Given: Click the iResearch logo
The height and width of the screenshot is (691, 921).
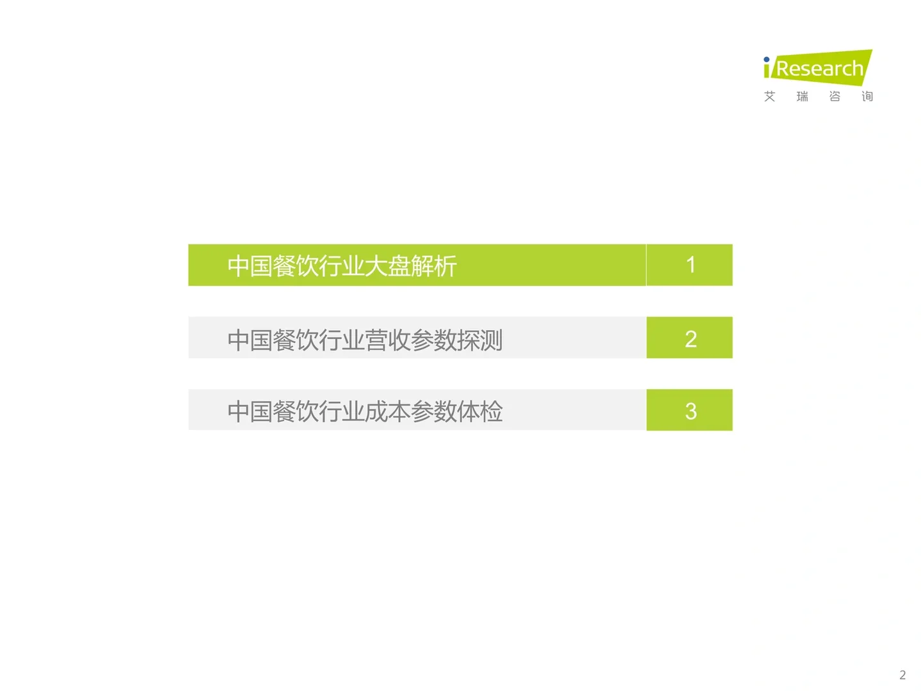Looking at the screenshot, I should coord(817,68).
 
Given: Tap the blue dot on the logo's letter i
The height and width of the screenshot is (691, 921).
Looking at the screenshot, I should coord(766,60).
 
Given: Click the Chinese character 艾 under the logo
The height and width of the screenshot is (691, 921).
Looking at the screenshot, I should coord(769,97).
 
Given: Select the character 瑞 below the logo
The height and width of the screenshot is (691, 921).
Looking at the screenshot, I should coord(802,97).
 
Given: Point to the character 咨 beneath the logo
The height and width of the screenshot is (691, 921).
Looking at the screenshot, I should coord(835,97).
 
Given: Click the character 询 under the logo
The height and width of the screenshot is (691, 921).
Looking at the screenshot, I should coord(867,97).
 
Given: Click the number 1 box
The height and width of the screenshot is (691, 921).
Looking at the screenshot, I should coord(689,265).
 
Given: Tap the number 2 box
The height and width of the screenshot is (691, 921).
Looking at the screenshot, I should coord(689,338).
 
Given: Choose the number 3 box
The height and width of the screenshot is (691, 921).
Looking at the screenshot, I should coord(689,410).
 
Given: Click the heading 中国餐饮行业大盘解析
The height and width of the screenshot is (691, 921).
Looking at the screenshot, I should coord(342,266).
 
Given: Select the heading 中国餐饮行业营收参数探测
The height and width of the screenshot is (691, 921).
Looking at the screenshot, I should coord(365,340).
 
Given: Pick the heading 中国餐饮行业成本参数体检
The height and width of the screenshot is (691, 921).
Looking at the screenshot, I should coord(365,411).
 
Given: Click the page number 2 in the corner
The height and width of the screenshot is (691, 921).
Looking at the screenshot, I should coord(902,675).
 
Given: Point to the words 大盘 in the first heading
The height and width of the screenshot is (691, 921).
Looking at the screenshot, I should coord(388,266).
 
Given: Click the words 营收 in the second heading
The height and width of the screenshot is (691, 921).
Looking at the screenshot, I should coord(388,340).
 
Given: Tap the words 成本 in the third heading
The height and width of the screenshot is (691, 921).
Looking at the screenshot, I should coord(388,411).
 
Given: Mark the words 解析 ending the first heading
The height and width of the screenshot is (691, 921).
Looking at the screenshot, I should coord(434,266).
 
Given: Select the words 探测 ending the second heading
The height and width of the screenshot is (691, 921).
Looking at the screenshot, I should coord(480,340).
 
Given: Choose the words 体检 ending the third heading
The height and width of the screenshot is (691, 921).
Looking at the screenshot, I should coord(480,411).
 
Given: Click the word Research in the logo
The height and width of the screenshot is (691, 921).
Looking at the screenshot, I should coord(820,68).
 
